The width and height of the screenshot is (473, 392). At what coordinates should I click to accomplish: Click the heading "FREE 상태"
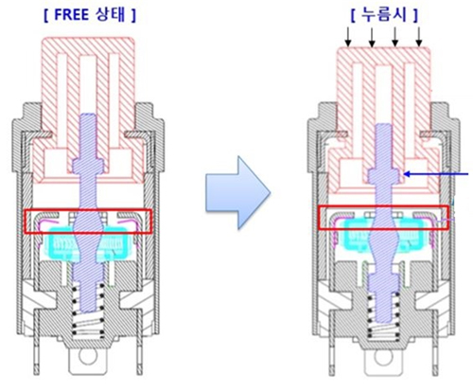tap(90, 15)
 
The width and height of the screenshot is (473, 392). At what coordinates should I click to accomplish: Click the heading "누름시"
tap(384, 15)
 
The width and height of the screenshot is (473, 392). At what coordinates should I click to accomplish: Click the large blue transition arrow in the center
tap(238, 192)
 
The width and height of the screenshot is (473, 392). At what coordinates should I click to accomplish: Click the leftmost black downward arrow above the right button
tap(348, 37)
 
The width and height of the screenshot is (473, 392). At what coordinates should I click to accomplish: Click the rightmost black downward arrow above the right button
tap(419, 37)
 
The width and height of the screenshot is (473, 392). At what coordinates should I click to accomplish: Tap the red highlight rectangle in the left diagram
tap(26, 222)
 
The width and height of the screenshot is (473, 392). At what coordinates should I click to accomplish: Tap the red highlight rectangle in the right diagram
tap(318, 218)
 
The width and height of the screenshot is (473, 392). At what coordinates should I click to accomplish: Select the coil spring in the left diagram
tap(88, 309)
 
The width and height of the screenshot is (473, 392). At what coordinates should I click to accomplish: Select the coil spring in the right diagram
tap(383, 315)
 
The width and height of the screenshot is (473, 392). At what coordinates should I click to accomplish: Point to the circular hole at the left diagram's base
tap(87, 356)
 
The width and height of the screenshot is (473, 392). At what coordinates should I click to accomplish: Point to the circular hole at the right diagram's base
tap(382, 357)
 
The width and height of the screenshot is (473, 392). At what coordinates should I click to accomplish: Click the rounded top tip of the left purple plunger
tap(88, 114)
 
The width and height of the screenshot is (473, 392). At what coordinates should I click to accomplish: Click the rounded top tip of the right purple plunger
tap(383, 124)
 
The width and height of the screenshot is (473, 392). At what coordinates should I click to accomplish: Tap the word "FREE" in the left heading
tap(71, 15)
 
